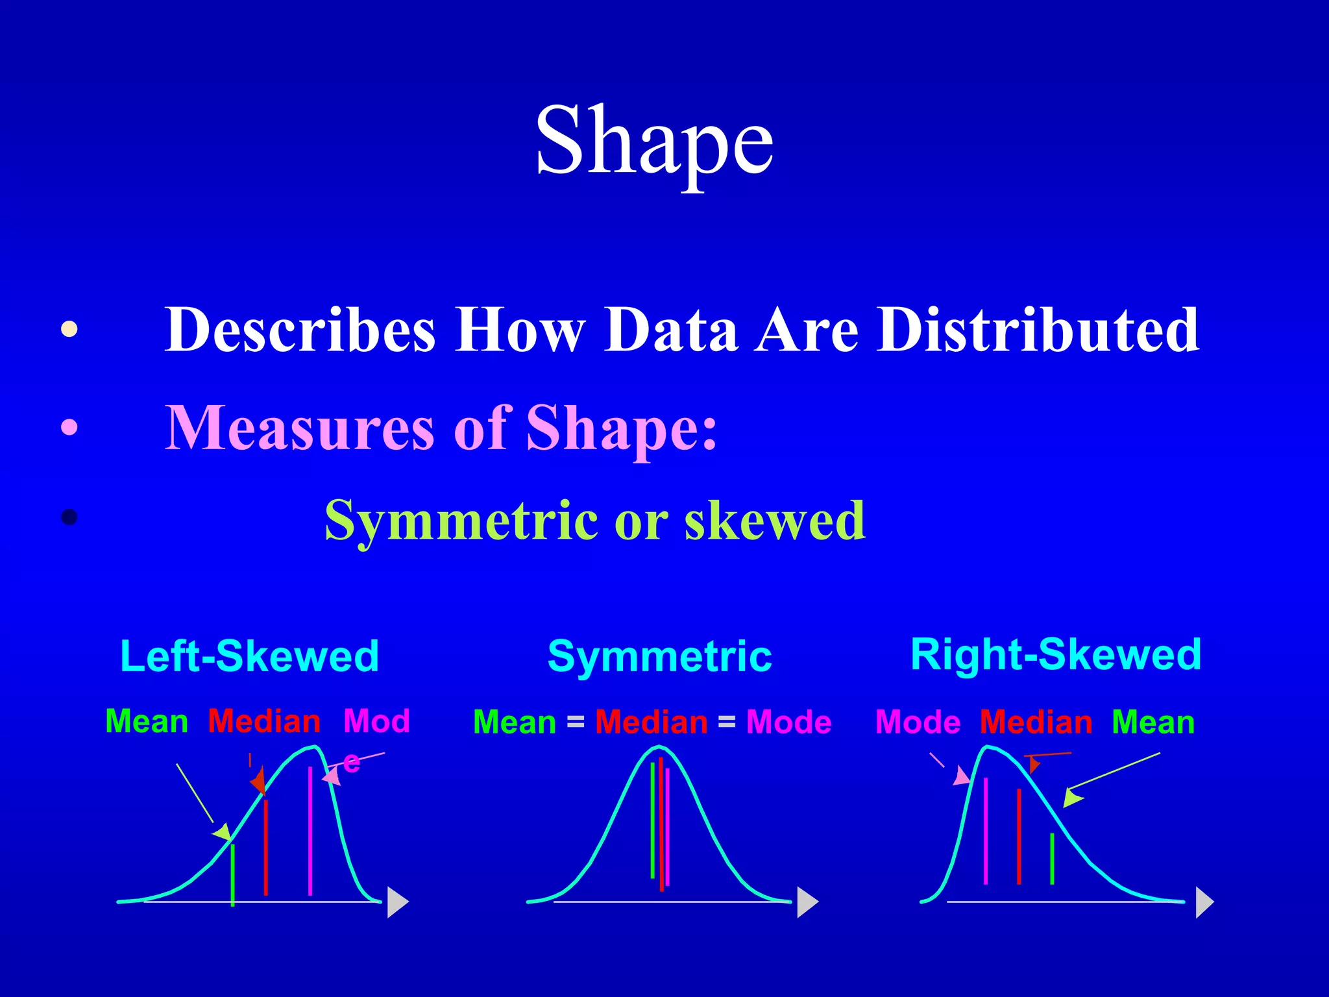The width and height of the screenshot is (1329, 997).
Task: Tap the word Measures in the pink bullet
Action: (x=299, y=428)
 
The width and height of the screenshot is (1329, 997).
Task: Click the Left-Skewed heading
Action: (x=250, y=656)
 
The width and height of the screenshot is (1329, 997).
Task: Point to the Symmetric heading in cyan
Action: (x=659, y=656)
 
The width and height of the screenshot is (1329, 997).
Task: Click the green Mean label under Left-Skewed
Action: (x=147, y=722)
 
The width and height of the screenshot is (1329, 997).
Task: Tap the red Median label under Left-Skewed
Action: (x=264, y=722)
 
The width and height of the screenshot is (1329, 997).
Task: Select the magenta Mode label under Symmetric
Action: (x=788, y=722)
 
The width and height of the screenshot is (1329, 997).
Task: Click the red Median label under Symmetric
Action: (x=651, y=722)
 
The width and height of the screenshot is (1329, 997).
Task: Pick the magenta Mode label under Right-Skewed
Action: (x=918, y=722)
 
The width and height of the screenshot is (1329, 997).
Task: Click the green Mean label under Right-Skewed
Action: (x=1152, y=722)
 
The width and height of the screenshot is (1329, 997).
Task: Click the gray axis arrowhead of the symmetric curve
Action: (x=807, y=902)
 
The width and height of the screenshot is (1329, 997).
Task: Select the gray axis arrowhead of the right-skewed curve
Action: (x=1204, y=902)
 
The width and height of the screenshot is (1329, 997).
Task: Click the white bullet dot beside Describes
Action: (x=69, y=330)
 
